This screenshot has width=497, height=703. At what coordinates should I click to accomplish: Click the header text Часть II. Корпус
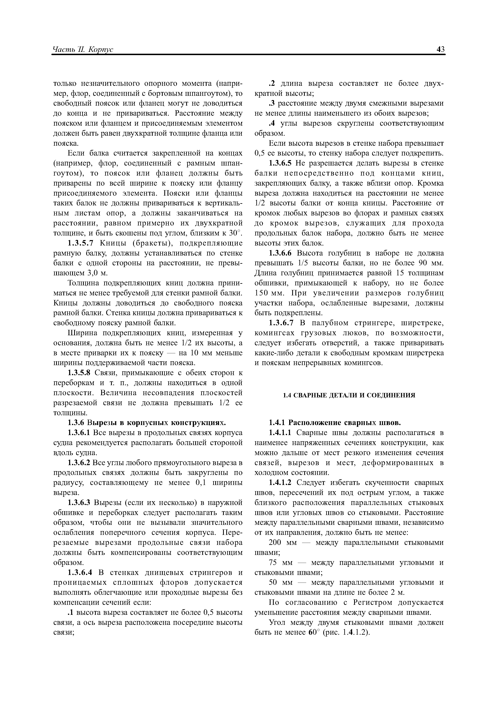point(83,50)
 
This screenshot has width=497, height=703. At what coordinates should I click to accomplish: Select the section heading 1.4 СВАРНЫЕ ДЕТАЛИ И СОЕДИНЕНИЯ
point(349,395)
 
